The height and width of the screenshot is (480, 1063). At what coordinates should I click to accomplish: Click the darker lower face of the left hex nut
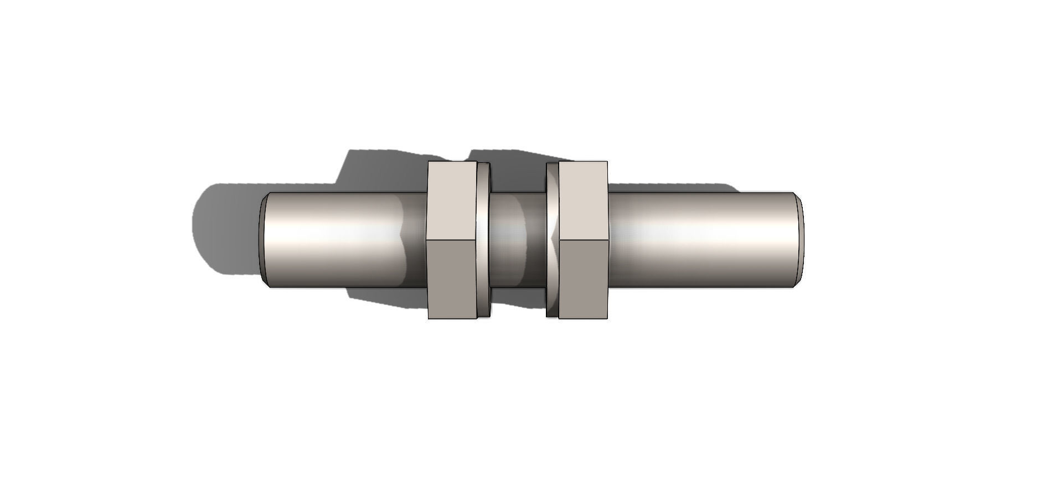(452, 280)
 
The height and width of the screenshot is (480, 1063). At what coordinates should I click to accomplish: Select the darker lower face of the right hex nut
(583, 280)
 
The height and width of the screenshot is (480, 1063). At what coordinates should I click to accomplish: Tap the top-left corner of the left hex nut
(429, 162)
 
